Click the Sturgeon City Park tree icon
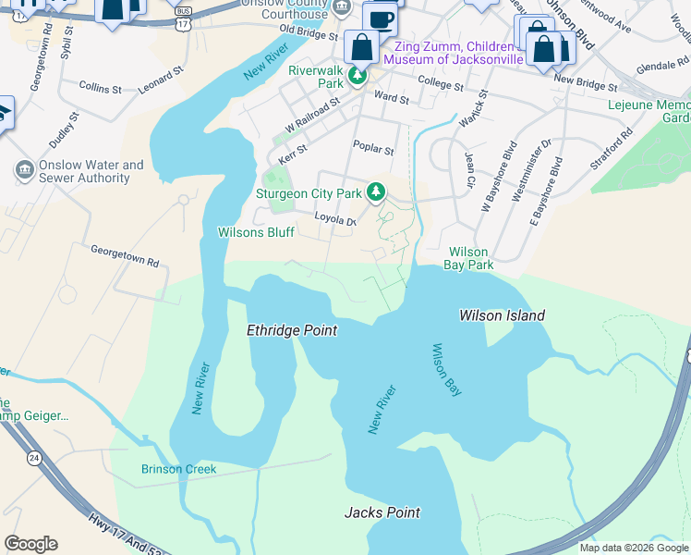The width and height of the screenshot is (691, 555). tap(375, 192)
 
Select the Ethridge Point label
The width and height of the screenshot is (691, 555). tap(292, 330)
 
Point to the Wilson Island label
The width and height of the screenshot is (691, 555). tap(502, 315)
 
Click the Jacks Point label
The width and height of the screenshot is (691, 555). tap(382, 512)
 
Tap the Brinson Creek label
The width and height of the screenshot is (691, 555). tap(178, 469)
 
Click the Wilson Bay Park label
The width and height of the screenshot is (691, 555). tap(470, 258)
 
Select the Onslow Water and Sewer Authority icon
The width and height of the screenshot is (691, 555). tap(24, 171)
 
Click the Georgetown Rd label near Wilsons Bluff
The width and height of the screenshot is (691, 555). tap(124, 256)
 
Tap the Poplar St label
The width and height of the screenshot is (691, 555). tap(373, 147)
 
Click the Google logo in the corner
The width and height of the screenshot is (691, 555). tap(30, 544)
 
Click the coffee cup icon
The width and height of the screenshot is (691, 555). tap(380, 18)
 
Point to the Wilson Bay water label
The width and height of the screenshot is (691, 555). tap(446, 370)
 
